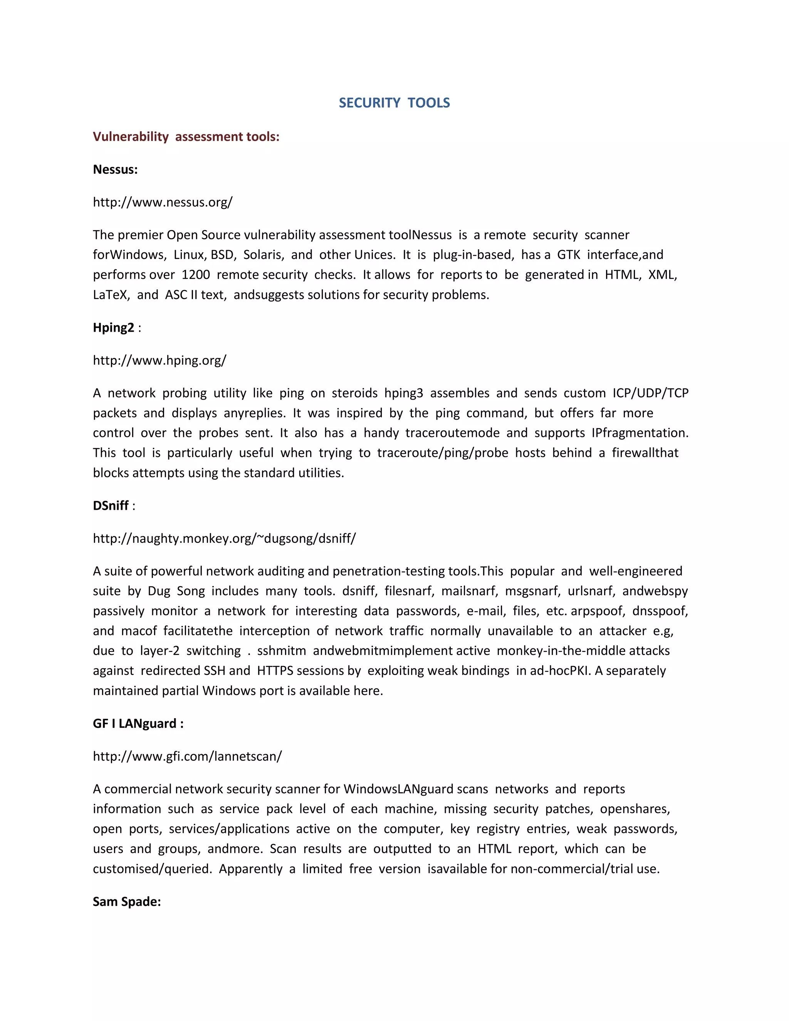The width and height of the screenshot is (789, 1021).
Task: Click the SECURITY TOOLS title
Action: pos(394,103)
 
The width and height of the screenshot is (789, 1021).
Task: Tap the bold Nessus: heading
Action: pos(115,169)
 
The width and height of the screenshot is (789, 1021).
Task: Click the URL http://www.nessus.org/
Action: pos(162,202)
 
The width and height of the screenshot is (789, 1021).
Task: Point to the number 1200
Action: pos(195,274)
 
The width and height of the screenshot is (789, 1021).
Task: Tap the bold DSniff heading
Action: pos(111,505)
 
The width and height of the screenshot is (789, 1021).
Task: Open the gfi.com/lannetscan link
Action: pos(187,756)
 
